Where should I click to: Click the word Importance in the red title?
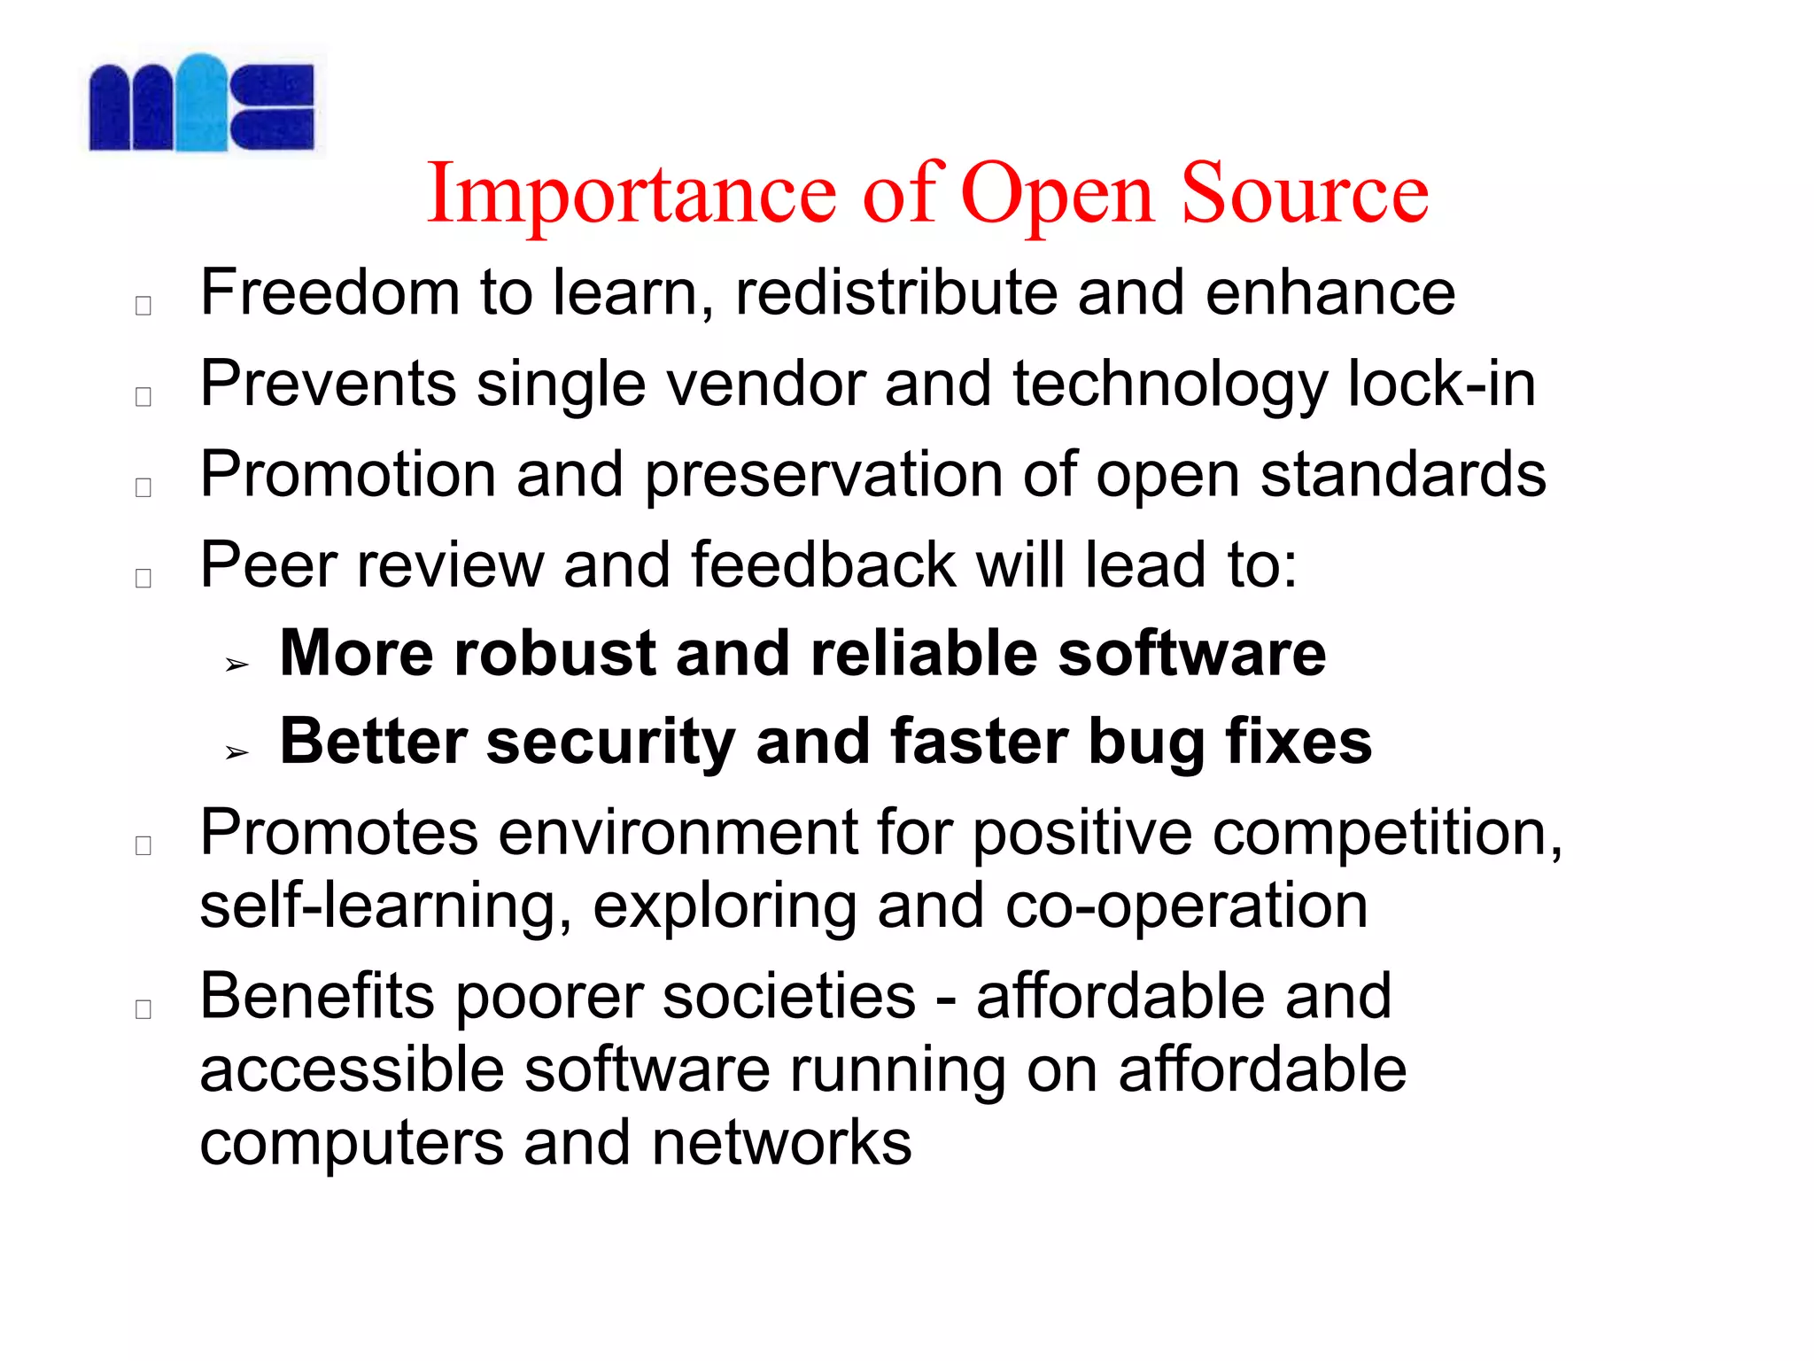point(631,194)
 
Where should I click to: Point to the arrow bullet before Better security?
point(236,753)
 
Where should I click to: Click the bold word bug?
point(1145,743)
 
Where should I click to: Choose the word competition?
point(1386,834)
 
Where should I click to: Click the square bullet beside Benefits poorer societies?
point(143,1009)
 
